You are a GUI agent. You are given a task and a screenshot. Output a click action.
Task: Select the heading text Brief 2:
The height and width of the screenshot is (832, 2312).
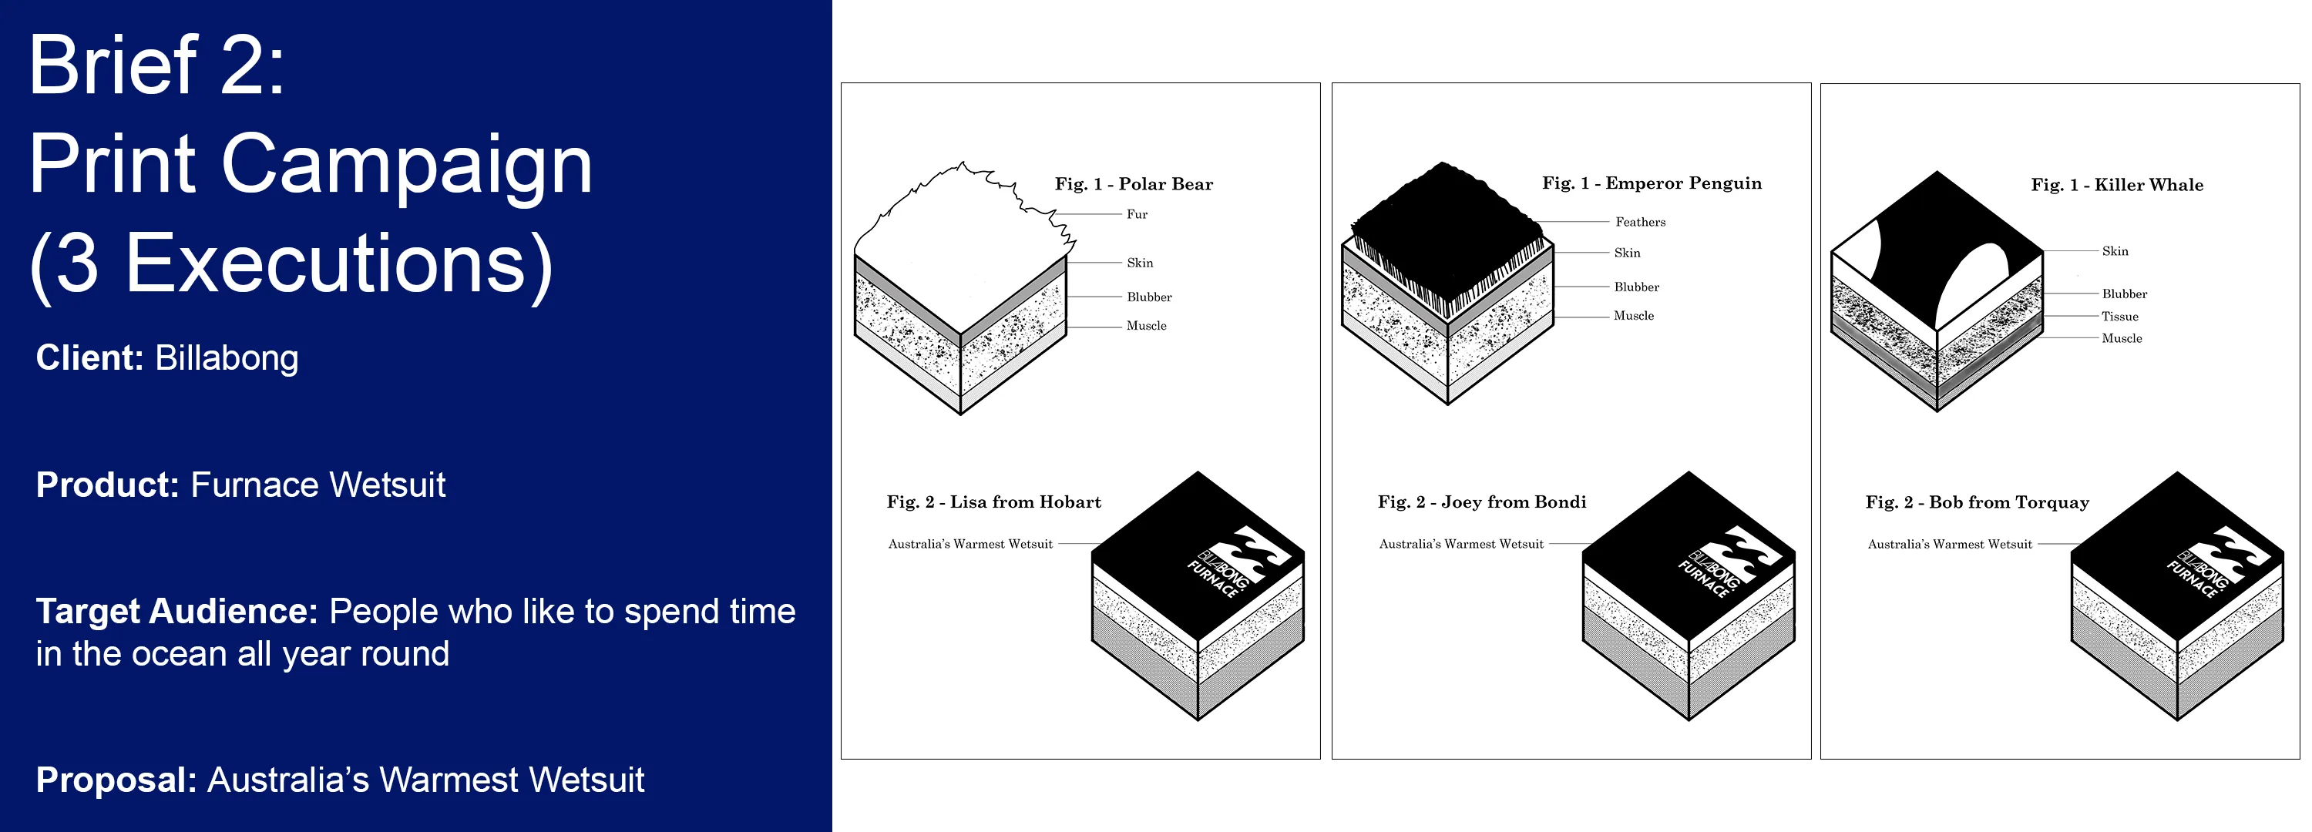click(157, 64)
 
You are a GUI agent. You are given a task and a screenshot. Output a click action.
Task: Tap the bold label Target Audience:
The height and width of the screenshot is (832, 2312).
click(176, 611)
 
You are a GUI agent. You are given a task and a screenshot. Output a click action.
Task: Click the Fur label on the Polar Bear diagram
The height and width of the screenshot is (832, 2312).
click(1138, 214)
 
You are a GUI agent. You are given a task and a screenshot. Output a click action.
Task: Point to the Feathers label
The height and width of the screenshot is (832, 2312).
click(1640, 222)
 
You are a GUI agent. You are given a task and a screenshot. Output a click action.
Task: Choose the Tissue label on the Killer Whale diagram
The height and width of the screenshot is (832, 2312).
click(2120, 316)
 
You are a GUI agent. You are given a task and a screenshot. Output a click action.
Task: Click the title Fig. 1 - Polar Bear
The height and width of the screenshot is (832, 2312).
click(1134, 184)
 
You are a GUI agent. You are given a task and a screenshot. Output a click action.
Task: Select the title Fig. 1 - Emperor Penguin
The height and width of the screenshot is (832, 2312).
click(1652, 183)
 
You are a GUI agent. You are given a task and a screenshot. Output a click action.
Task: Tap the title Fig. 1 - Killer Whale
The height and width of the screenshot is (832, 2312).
click(2117, 185)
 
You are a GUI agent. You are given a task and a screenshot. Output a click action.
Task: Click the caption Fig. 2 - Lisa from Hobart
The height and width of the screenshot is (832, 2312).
click(993, 502)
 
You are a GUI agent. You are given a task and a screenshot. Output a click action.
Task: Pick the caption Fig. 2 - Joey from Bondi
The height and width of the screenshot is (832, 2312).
click(1482, 502)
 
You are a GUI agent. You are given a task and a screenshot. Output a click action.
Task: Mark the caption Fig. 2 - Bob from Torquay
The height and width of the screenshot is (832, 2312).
click(1978, 502)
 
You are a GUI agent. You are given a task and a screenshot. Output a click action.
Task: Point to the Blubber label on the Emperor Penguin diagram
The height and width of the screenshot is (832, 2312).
click(1636, 287)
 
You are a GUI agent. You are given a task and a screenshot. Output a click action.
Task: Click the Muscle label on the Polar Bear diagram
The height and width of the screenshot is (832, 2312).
click(1146, 326)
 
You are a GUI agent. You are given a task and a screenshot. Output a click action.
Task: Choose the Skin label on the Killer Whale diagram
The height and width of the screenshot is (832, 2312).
click(2115, 251)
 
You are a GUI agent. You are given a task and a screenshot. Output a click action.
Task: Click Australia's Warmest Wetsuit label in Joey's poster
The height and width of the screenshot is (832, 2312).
click(1461, 544)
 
